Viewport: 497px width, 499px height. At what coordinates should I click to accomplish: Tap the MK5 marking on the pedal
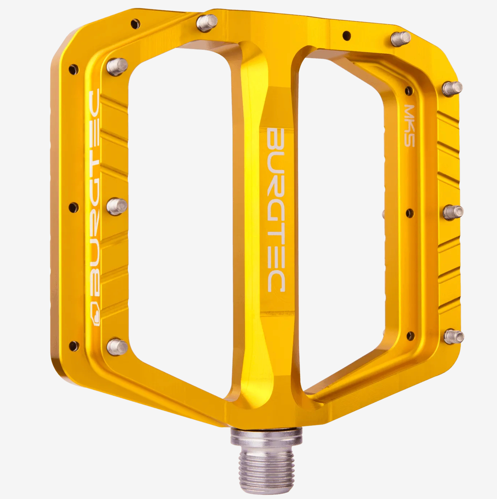(409, 125)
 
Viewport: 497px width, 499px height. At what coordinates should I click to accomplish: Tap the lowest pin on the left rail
(117, 347)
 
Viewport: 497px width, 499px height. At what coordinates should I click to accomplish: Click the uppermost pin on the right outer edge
(452, 88)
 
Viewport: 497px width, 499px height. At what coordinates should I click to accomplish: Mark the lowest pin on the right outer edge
(453, 337)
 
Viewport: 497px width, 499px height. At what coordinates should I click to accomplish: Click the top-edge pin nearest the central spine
(207, 23)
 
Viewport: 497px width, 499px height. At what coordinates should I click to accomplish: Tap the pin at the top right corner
(401, 37)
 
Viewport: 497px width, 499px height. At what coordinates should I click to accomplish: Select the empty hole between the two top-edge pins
(346, 35)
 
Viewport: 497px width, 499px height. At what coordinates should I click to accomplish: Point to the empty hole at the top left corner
(135, 24)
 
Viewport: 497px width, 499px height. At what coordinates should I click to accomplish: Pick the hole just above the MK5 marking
(409, 90)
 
